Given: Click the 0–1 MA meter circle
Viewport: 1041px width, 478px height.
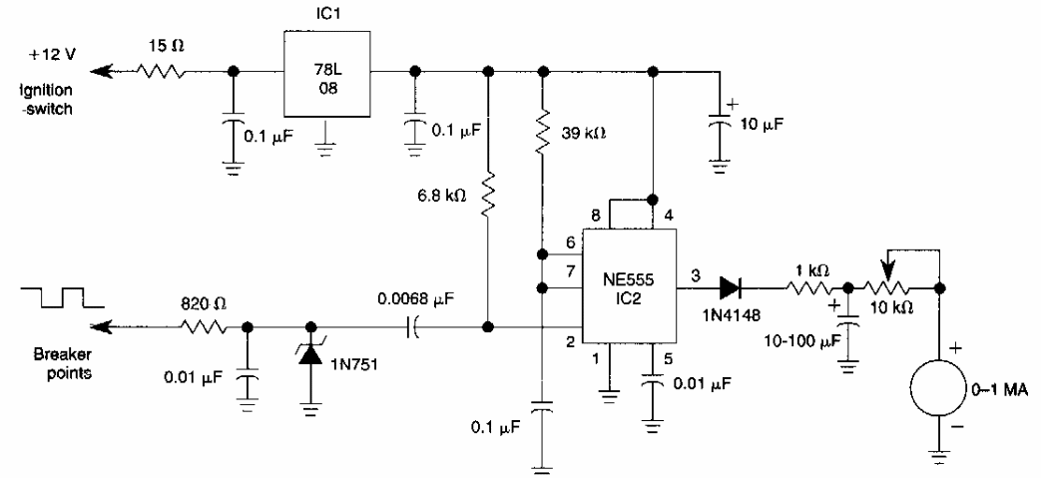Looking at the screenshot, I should pyautogui.click(x=938, y=384).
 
